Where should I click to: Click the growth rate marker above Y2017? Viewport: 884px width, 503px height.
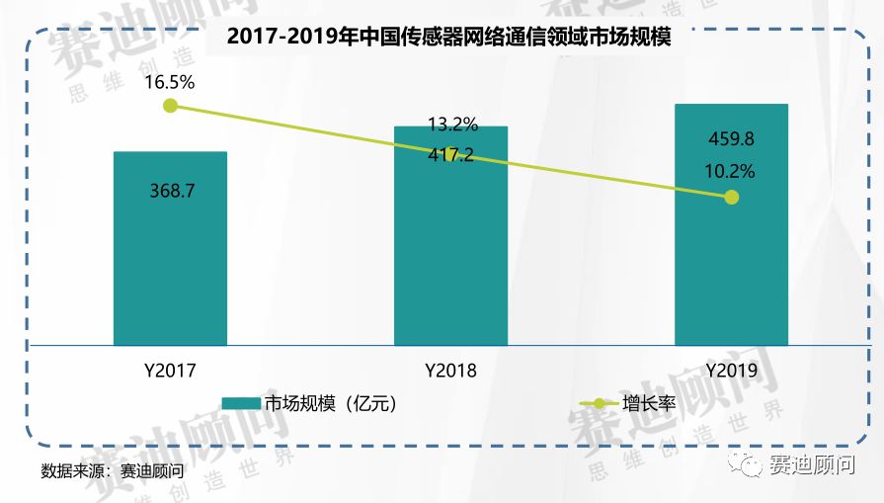tap(170, 106)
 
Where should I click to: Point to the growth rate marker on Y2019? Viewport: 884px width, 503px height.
tap(731, 197)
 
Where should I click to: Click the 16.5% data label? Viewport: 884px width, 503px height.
tap(170, 83)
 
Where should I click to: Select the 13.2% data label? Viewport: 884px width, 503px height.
tap(452, 125)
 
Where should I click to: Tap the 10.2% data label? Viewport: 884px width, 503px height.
tap(731, 171)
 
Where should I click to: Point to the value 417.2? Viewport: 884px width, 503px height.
tap(450, 155)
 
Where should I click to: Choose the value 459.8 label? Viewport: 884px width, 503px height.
tap(731, 137)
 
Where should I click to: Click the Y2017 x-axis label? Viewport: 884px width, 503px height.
tap(170, 372)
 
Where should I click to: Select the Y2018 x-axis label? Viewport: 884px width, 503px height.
tap(450, 372)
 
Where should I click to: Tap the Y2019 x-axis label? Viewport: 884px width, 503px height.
tap(731, 372)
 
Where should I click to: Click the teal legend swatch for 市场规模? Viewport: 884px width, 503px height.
tap(239, 403)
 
